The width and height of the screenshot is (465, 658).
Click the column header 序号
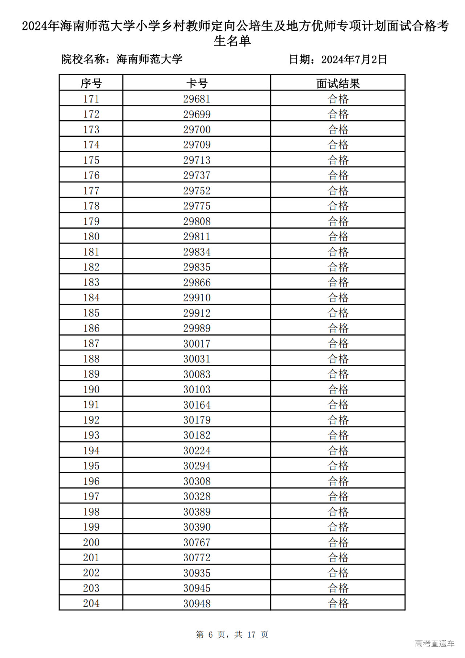click(91, 83)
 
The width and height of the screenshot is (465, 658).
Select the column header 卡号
click(197, 83)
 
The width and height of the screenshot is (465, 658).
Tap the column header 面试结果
click(338, 83)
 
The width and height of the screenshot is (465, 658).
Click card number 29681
click(197, 99)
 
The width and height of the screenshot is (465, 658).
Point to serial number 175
click(91, 160)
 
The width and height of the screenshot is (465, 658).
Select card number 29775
click(197, 206)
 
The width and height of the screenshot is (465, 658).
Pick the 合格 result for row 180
click(338, 236)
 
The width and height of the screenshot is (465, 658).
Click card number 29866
click(197, 282)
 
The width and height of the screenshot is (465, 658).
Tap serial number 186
click(91, 328)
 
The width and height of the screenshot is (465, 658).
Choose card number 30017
click(197, 343)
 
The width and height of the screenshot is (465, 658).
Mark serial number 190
click(91, 389)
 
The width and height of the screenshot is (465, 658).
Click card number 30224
click(197, 450)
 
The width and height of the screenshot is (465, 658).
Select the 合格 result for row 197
click(338, 496)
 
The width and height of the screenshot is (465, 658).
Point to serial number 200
click(91, 542)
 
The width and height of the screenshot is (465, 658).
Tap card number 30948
click(197, 603)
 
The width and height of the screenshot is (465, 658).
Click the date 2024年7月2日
click(354, 59)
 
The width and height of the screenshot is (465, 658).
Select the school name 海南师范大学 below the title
click(149, 59)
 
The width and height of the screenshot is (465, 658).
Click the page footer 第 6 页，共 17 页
click(232, 634)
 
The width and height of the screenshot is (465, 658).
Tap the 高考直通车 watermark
click(434, 643)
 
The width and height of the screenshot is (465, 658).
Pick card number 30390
click(197, 527)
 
